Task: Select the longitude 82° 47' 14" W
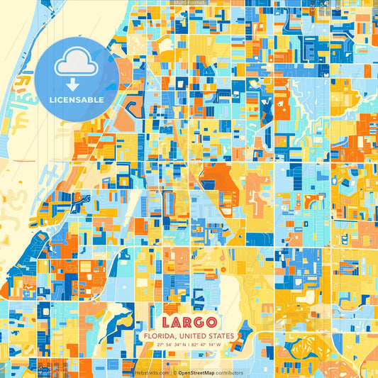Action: tap(206, 345)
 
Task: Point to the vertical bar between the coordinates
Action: tap(189, 345)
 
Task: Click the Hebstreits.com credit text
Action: tap(151, 372)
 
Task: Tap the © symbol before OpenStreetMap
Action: tap(174, 372)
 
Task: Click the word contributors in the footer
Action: tap(228, 372)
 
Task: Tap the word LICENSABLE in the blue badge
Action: tap(77, 100)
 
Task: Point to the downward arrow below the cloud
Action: tap(76, 84)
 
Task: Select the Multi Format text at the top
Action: tap(189, 3)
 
